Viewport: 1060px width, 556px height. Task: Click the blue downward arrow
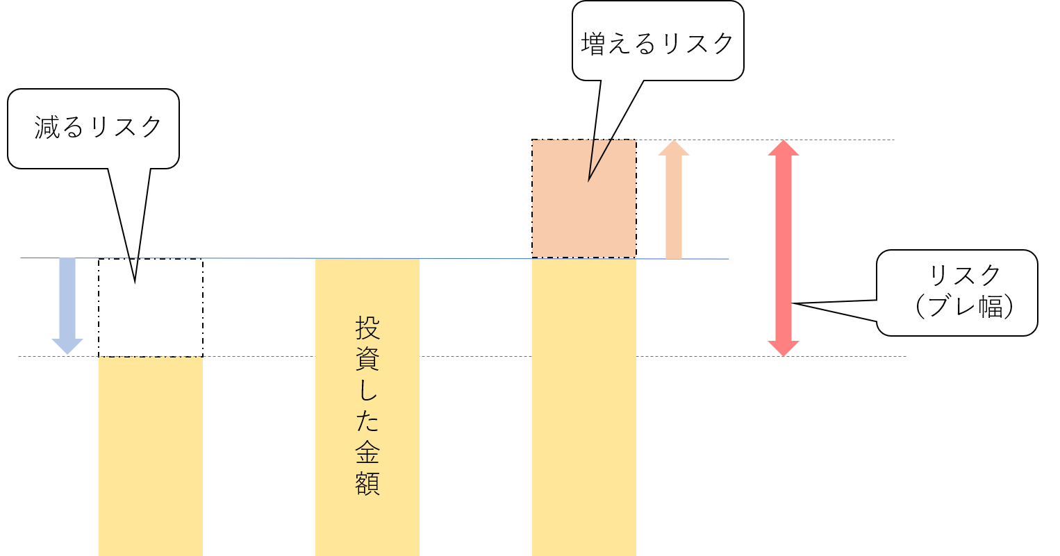click(x=67, y=302)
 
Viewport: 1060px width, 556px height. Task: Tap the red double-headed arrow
click(x=784, y=248)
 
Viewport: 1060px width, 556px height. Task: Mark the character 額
click(x=367, y=484)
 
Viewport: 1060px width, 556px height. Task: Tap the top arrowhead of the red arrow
click(x=784, y=148)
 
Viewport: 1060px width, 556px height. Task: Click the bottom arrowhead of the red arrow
click(x=784, y=348)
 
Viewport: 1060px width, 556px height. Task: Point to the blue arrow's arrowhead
click(x=67, y=346)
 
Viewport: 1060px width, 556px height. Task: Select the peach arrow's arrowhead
click(x=674, y=148)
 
